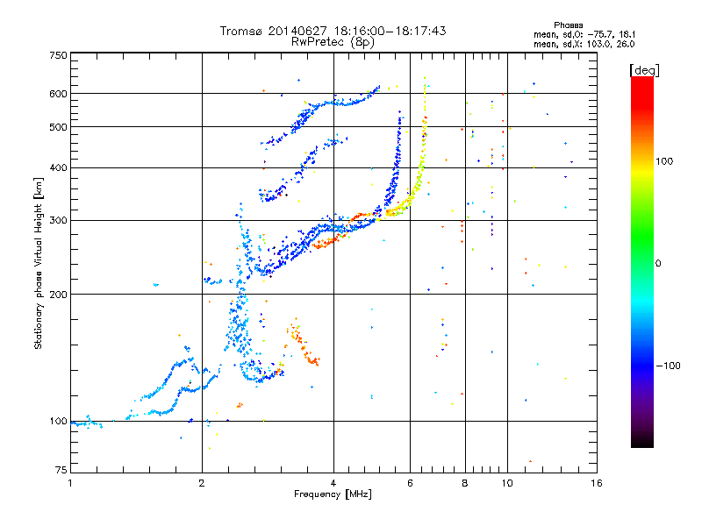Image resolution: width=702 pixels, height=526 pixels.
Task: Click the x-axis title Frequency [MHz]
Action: [333, 495]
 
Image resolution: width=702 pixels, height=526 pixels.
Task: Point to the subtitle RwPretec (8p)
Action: [333, 41]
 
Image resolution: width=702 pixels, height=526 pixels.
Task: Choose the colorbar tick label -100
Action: [671, 366]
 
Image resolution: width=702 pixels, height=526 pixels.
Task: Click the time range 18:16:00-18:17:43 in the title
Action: [388, 31]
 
